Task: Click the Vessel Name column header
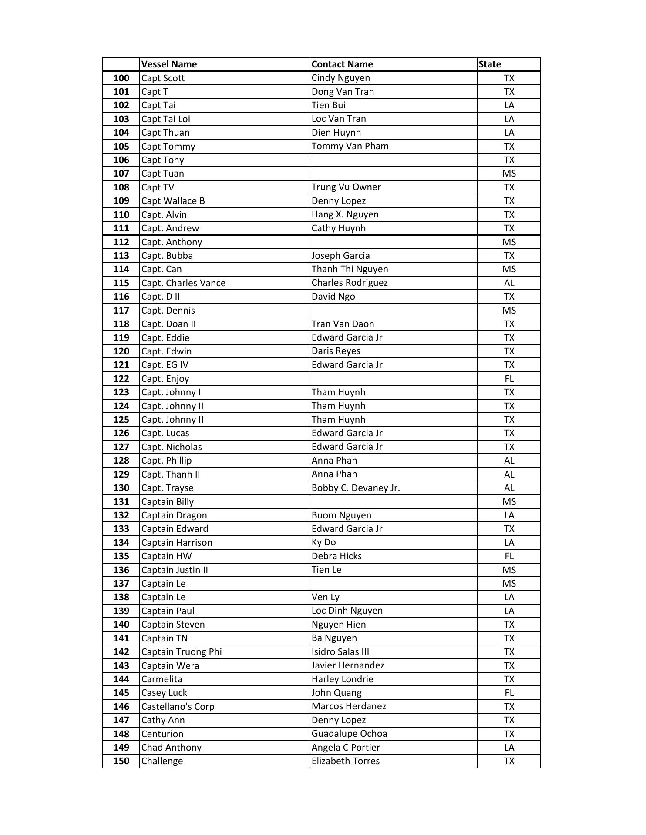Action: [x=169, y=64]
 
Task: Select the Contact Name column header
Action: [x=342, y=64]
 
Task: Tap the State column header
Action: [x=490, y=64]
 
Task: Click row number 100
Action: [x=121, y=78]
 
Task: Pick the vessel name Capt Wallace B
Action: [x=173, y=201]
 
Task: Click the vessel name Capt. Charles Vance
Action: [x=183, y=283]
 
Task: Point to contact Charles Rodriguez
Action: [x=350, y=283]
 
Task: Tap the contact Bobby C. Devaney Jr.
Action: [x=356, y=488]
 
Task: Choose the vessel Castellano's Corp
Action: [x=178, y=707]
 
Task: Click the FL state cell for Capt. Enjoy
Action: [x=509, y=379]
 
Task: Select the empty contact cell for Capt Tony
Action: [x=393, y=160]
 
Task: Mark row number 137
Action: [x=121, y=584]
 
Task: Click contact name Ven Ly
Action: [x=325, y=597]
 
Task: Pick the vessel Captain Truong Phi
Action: [x=181, y=652]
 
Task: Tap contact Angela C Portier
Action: [x=346, y=748]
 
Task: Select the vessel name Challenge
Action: [x=162, y=761]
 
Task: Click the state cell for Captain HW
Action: [x=509, y=556]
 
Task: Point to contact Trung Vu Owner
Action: [x=346, y=187]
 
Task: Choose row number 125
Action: [x=121, y=420]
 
